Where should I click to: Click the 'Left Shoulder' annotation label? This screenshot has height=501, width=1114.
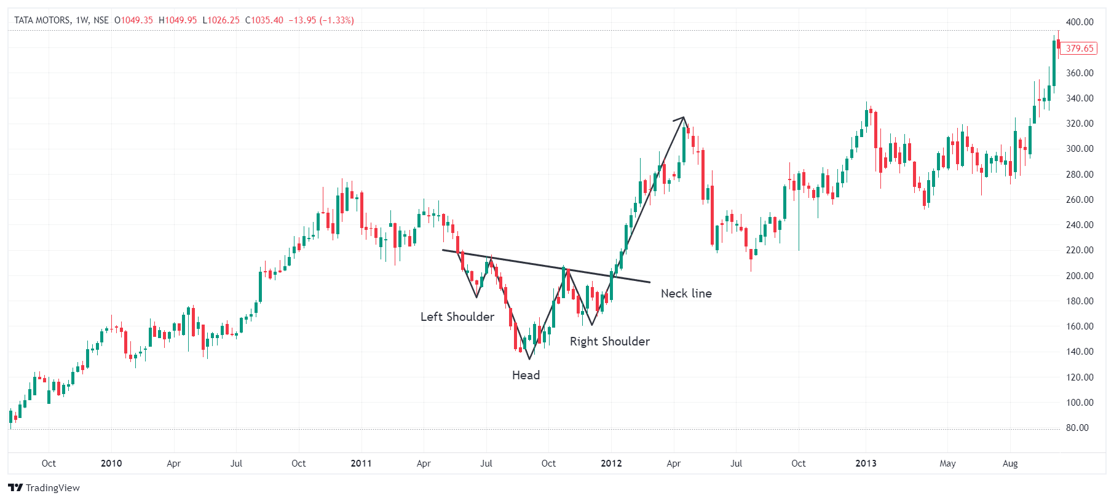tap(457, 317)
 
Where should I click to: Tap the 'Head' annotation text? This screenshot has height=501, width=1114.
tap(526, 375)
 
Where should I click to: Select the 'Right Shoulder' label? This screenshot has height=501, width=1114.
tap(609, 341)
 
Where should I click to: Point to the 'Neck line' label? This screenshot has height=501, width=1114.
tap(686, 293)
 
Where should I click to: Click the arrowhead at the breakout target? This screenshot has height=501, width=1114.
tap(682, 118)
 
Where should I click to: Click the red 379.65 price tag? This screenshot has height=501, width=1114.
tap(1079, 48)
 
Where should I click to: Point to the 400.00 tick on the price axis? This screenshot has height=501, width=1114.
tap(1080, 22)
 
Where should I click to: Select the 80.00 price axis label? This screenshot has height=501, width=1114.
tap(1077, 428)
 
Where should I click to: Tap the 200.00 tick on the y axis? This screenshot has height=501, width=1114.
tap(1080, 275)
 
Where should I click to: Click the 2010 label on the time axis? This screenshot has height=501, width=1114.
tap(111, 464)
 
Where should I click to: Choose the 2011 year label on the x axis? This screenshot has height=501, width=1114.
tap(361, 464)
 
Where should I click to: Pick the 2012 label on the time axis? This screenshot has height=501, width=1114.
tap(611, 464)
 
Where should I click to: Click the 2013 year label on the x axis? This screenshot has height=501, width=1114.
tap(866, 464)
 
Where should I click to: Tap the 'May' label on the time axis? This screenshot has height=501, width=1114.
tap(947, 464)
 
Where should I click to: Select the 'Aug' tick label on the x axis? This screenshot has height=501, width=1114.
tap(1010, 464)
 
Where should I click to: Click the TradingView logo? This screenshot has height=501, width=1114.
tap(44, 487)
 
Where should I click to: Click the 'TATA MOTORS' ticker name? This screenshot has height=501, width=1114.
tap(42, 20)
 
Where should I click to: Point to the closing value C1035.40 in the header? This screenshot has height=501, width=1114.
tap(264, 20)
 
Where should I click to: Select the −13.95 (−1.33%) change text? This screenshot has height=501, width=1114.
tap(322, 20)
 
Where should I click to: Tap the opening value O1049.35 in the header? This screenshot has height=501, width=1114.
tap(133, 20)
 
